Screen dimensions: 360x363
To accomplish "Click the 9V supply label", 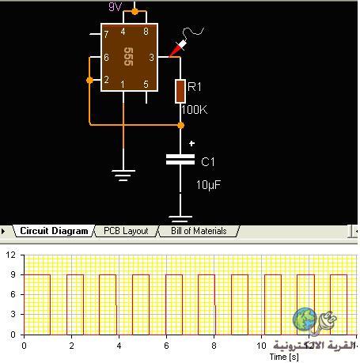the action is click(x=115, y=6).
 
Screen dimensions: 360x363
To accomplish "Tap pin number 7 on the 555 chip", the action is click(x=106, y=34).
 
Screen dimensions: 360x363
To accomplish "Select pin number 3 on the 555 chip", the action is click(x=151, y=57).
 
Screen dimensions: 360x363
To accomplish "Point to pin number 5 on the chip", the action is click(x=146, y=84).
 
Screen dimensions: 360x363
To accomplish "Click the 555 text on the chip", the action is click(x=128, y=56).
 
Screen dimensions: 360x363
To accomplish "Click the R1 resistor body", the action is click(x=180, y=92).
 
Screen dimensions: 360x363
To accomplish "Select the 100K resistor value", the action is click(x=195, y=110).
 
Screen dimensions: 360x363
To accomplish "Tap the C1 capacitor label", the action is click(x=208, y=161).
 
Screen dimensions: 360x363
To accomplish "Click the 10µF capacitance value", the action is click(x=208, y=185).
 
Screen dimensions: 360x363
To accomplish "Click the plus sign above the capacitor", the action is click(x=192, y=143).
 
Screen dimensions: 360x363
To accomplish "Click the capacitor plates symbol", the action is click(x=180, y=160).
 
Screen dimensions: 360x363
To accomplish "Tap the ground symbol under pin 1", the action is click(x=123, y=176).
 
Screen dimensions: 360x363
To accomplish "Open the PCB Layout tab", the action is click(x=126, y=231).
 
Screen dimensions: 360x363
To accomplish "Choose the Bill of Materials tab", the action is click(x=199, y=231).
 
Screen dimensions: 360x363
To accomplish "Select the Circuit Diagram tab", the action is click(x=54, y=231).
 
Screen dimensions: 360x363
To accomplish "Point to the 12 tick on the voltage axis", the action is click(x=11, y=255).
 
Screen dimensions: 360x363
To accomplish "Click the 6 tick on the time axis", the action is click(x=166, y=346).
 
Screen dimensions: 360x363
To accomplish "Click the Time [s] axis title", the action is click(x=284, y=357).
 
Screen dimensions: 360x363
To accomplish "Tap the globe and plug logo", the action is click(x=314, y=321).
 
